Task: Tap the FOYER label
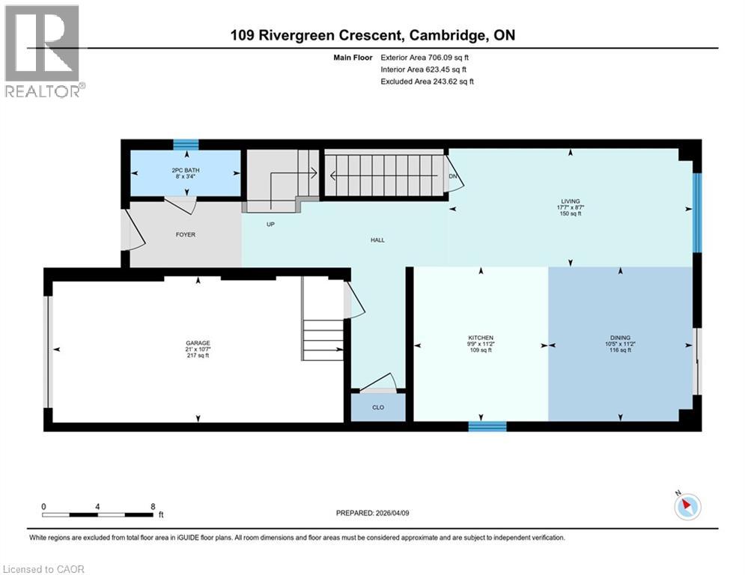click(186, 234)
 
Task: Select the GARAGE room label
click(198, 343)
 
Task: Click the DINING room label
click(618, 338)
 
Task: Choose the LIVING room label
click(571, 201)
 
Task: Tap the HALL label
click(377, 240)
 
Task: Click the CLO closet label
click(378, 408)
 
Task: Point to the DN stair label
click(453, 177)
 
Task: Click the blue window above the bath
click(186, 145)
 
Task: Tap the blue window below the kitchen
click(487, 426)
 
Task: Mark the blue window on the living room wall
click(697, 213)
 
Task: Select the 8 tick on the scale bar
click(153, 506)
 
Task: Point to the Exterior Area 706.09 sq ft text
click(425, 57)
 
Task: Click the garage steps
click(323, 338)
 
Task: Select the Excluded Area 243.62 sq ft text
click(427, 81)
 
